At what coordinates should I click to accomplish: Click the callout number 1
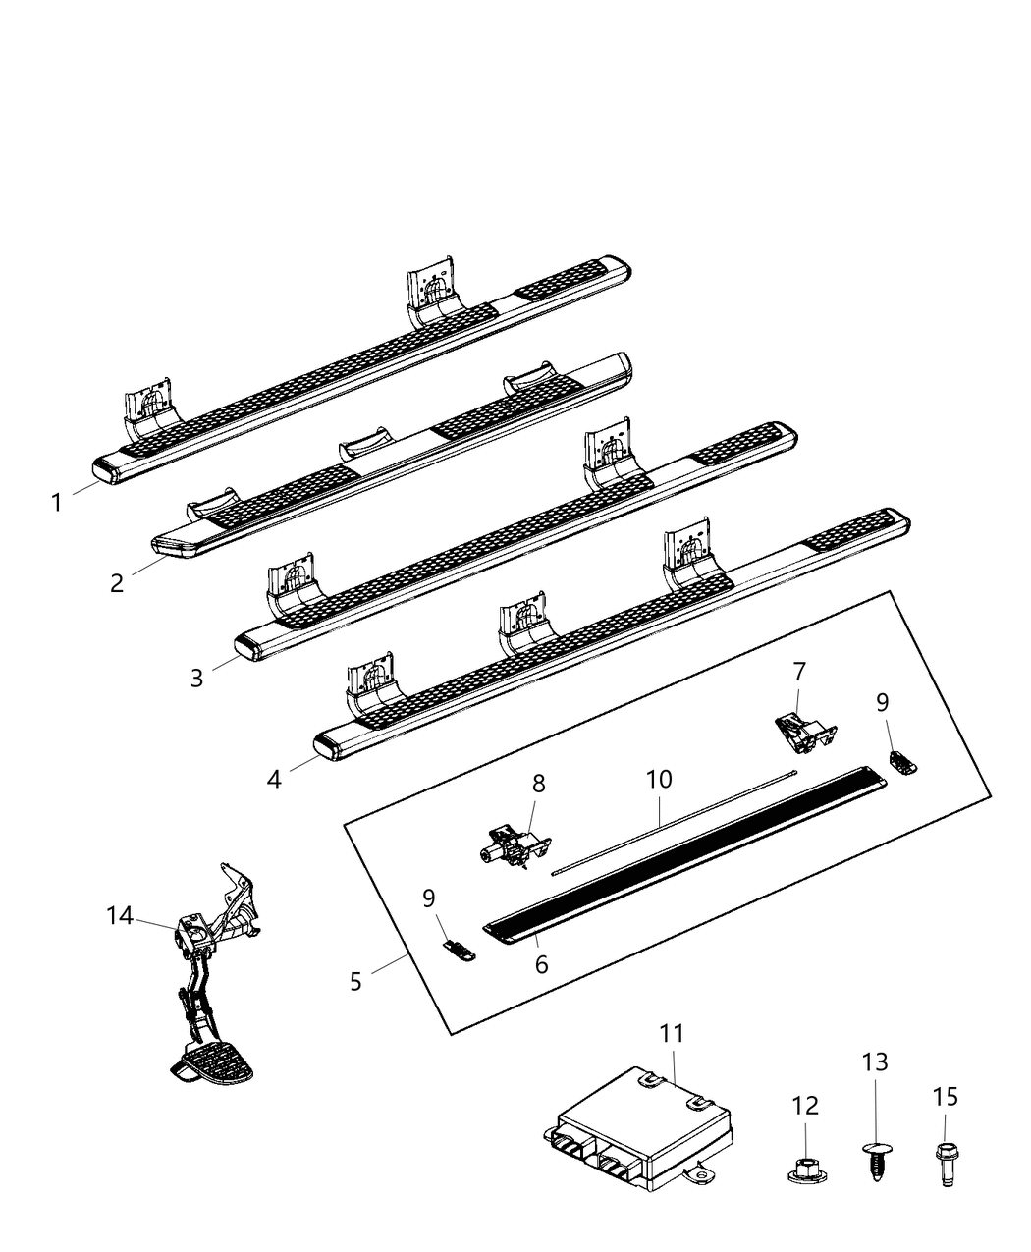[57, 503]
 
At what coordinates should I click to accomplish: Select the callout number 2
[117, 582]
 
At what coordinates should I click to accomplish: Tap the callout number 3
[196, 678]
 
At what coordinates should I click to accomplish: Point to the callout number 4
[274, 779]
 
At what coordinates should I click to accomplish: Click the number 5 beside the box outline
[355, 980]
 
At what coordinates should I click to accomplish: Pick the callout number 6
[541, 964]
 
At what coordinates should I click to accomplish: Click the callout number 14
[119, 916]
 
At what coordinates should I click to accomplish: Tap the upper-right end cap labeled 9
[901, 761]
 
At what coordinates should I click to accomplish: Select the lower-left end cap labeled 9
[457, 949]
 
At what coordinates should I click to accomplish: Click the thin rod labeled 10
[678, 821]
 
